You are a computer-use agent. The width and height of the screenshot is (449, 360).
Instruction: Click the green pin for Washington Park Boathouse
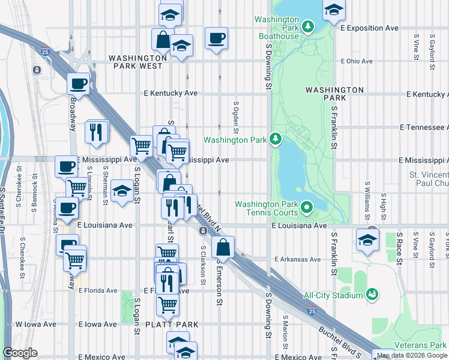308,26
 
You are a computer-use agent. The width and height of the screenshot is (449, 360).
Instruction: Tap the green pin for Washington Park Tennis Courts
307,208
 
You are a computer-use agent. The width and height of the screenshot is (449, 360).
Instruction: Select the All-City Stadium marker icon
372,294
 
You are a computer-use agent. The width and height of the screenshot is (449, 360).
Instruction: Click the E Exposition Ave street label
369,28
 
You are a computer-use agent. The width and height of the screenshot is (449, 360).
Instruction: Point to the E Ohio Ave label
357,61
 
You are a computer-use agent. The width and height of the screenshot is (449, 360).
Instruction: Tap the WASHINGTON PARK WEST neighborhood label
143,58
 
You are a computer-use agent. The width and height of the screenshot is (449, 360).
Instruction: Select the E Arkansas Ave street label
298,259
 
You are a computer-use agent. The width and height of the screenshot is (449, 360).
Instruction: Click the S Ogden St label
236,117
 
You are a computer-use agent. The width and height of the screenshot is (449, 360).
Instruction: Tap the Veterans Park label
425,345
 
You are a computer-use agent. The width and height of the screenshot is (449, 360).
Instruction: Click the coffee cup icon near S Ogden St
216,38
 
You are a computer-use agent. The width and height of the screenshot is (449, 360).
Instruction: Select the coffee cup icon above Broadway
78,83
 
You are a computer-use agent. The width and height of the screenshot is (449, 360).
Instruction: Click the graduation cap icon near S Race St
367,241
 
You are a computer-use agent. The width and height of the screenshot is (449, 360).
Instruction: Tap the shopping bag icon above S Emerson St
223,247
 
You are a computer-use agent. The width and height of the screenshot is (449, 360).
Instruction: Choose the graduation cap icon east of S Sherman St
122,191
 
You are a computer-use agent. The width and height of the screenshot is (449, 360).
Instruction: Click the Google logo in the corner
20,353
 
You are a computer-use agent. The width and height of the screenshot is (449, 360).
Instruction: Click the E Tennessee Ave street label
424,127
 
